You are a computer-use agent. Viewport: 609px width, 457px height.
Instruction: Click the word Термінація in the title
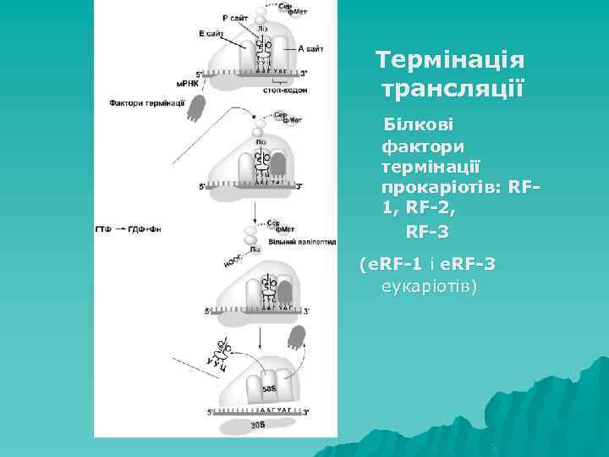click(450, 61)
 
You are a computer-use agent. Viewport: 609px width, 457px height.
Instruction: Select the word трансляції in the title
click(453, 87)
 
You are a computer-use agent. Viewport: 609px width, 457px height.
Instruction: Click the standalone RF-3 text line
click(427, 230)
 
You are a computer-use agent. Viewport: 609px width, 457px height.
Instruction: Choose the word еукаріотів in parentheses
click(430, 286)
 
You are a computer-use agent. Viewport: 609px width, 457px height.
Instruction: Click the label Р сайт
click(236, 17)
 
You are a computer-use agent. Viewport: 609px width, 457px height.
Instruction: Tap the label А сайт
click(310, 49)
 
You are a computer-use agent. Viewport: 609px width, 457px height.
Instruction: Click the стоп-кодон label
click(285, 89)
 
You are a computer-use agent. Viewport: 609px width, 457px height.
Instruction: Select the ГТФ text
click(103, 229)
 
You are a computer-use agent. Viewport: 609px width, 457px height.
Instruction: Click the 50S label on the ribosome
click(270, 388)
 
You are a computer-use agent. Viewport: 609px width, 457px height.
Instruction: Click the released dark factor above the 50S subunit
click(296, 337)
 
